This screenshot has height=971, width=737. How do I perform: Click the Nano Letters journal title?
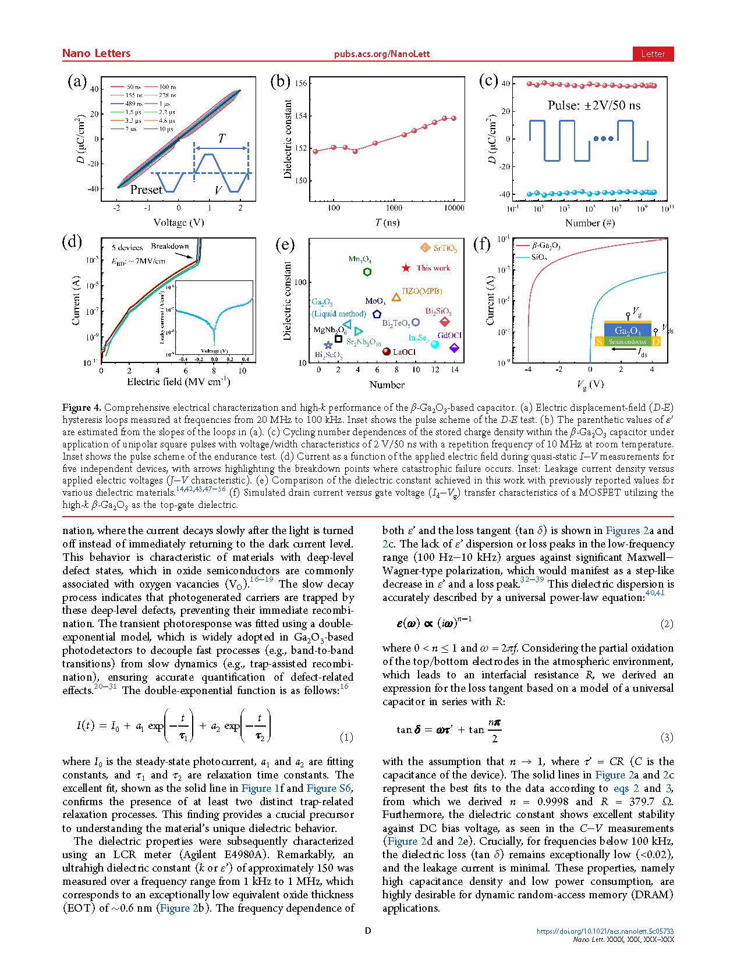click(x=96, y=54)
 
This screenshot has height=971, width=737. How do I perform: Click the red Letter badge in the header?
click(x=653, y=54)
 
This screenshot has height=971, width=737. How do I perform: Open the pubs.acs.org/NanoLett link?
click(x=381, y=54)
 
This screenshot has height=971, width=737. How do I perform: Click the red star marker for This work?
click(x=406, y=268)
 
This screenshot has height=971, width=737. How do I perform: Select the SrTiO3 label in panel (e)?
click(x=445, y=248)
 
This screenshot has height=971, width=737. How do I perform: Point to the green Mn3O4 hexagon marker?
click(x=367, y=271)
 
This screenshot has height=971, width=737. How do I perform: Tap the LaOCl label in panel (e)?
click(x=404, y=352)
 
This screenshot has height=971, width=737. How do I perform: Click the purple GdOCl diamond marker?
click(x=454, y=348)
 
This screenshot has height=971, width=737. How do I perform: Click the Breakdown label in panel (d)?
click(x=169, y=246)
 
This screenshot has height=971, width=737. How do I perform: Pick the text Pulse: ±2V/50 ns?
click(x=594, y=105)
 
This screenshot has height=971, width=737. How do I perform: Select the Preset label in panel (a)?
click(x=146, y=190)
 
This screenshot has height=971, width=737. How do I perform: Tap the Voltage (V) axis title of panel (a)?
click(x=179, y=222)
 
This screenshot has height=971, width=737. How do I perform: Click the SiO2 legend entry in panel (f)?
click(x=538, y=257)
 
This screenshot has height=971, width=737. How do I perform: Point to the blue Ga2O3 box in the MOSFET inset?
click(x=627, y=330)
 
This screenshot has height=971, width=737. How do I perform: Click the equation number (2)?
click(x=667, y=624)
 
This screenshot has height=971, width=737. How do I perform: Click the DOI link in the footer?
click(x=605, y=931)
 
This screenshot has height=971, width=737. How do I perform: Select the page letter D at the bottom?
click(x=368, y=931)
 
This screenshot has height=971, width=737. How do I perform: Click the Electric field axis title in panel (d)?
click(x=178, y=382)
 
